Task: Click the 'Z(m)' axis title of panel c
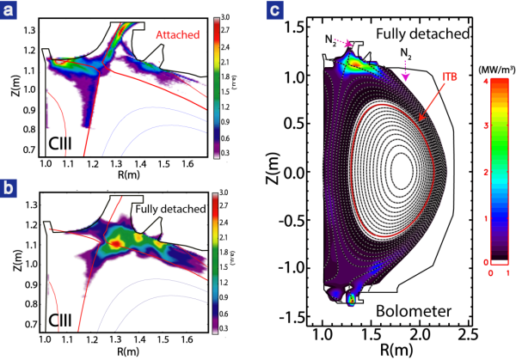pos(284,171)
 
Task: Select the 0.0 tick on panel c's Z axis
pos(304,172)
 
